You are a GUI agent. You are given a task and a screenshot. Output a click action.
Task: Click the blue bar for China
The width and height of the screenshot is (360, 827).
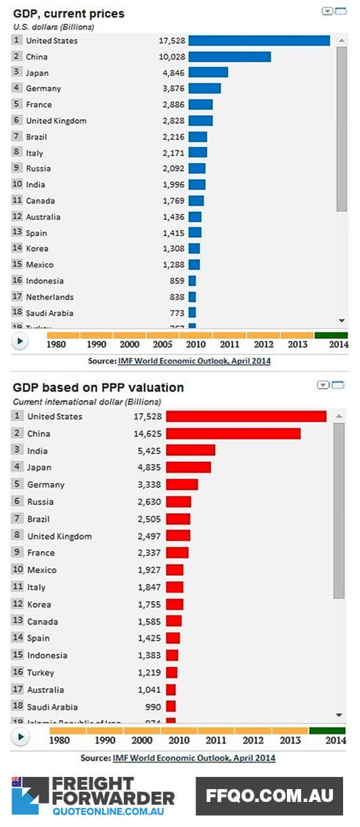click(229, 57)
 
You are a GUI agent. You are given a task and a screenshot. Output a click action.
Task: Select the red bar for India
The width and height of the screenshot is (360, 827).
click(190, 450)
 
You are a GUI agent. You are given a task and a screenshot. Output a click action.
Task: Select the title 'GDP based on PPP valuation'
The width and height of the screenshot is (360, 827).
click(98, 388)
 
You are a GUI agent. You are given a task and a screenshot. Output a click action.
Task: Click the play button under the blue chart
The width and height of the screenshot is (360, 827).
click(20, 342)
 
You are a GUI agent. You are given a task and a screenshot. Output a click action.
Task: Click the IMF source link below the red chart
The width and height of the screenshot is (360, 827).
click(194, 758)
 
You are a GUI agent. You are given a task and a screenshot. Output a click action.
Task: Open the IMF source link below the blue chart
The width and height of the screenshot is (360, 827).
click(194, 361)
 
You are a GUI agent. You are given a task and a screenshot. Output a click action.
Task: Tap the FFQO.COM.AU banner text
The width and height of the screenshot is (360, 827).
click(269, 797)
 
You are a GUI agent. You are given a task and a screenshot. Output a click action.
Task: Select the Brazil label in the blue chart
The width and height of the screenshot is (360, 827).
click(37, 137)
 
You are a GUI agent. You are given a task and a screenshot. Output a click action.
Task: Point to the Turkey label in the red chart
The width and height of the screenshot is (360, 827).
click(41, 673)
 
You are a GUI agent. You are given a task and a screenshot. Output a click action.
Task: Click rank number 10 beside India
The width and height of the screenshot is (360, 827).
click(17, 185)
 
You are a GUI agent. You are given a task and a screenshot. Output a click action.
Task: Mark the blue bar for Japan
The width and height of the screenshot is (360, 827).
click(208, 72)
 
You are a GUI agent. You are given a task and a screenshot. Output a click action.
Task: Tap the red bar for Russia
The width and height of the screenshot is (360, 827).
click(179, 501)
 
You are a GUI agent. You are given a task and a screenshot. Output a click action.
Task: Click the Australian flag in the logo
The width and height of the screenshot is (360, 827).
click(16, 782)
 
